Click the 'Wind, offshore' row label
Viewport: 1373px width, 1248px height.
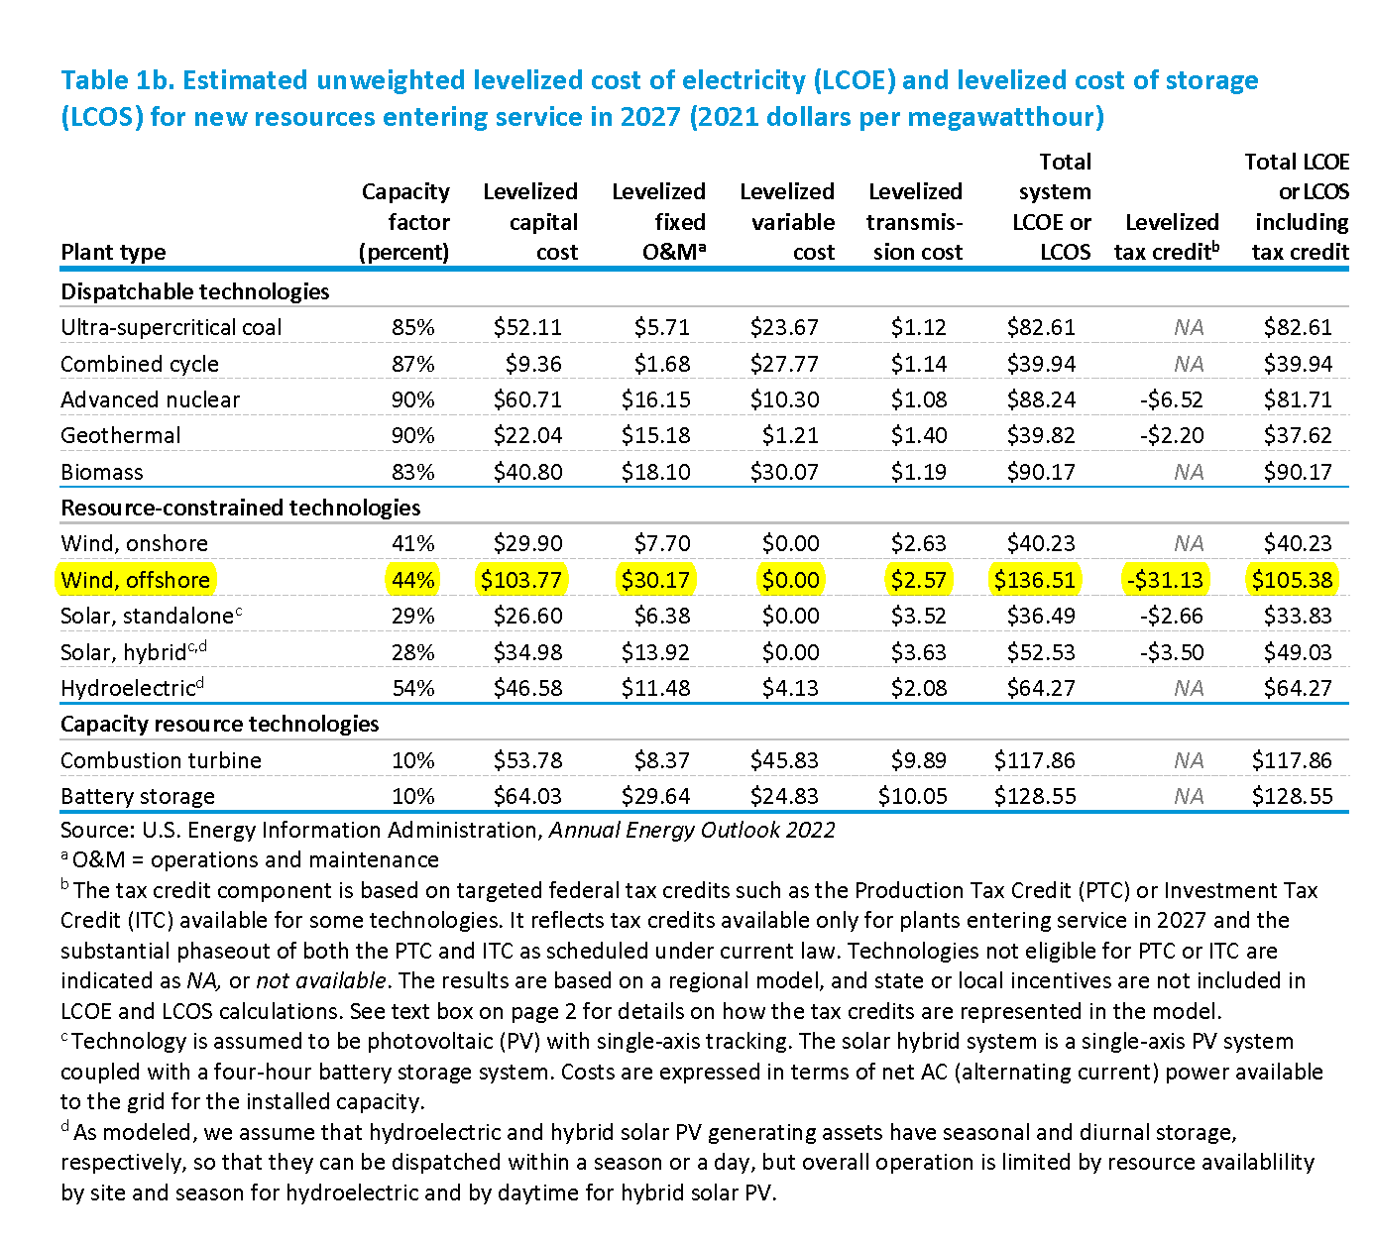(x=136, y=580)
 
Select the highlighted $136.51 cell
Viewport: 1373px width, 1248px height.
(x=1034, y=580)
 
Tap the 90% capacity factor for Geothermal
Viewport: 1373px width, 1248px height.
(x=412, y=435)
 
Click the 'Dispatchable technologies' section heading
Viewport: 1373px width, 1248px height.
(x=195, y=291)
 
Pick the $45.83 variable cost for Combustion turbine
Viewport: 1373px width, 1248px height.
(x=784, y=760)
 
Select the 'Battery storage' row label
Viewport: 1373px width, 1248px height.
(x=138, y=796)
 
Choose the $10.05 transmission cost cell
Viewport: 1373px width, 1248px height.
(x=912, y=796)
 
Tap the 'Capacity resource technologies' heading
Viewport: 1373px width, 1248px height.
(x=219, y=724)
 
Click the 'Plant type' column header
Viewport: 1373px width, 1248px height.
(x=113, y=252)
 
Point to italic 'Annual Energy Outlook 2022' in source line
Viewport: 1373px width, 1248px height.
(x=692, y=830)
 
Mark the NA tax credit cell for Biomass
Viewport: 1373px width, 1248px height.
(x=1189, y=472)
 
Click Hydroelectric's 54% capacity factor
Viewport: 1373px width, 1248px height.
(x=412, y=688)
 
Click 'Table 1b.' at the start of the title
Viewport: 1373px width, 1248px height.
(x=117, y=80)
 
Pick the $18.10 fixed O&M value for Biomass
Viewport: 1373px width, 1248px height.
(x=655, y=472)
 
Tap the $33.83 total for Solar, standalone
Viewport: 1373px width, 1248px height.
(x=1298, y=616)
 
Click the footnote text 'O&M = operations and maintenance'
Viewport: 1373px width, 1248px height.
(x=256, y=859)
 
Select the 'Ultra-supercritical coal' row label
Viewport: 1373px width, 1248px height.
(x=172, y=327)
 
